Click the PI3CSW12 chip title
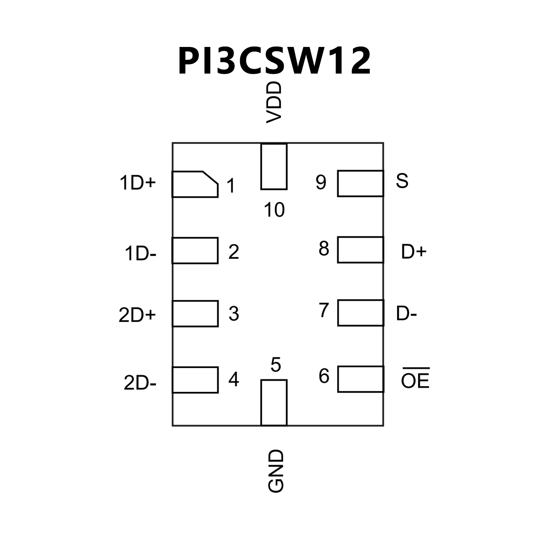(274, 61)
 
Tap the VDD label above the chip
(274, 102)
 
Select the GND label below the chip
(276, 471)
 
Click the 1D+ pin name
(138, 183)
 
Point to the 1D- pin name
(140, 254)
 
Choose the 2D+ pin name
(137, 315)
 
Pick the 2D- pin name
(140, 383)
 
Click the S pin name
(402, 181)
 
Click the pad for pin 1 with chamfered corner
(195, 184)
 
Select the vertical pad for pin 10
(274, 167)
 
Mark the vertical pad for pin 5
(274, 402)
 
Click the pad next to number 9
(360, 183)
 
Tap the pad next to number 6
(360, 379)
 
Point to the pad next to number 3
(195, 314)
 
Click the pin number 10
(274, 210)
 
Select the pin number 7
(324, 310)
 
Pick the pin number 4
(234, 379)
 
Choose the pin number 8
(324, 248)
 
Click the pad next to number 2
(195, 250)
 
